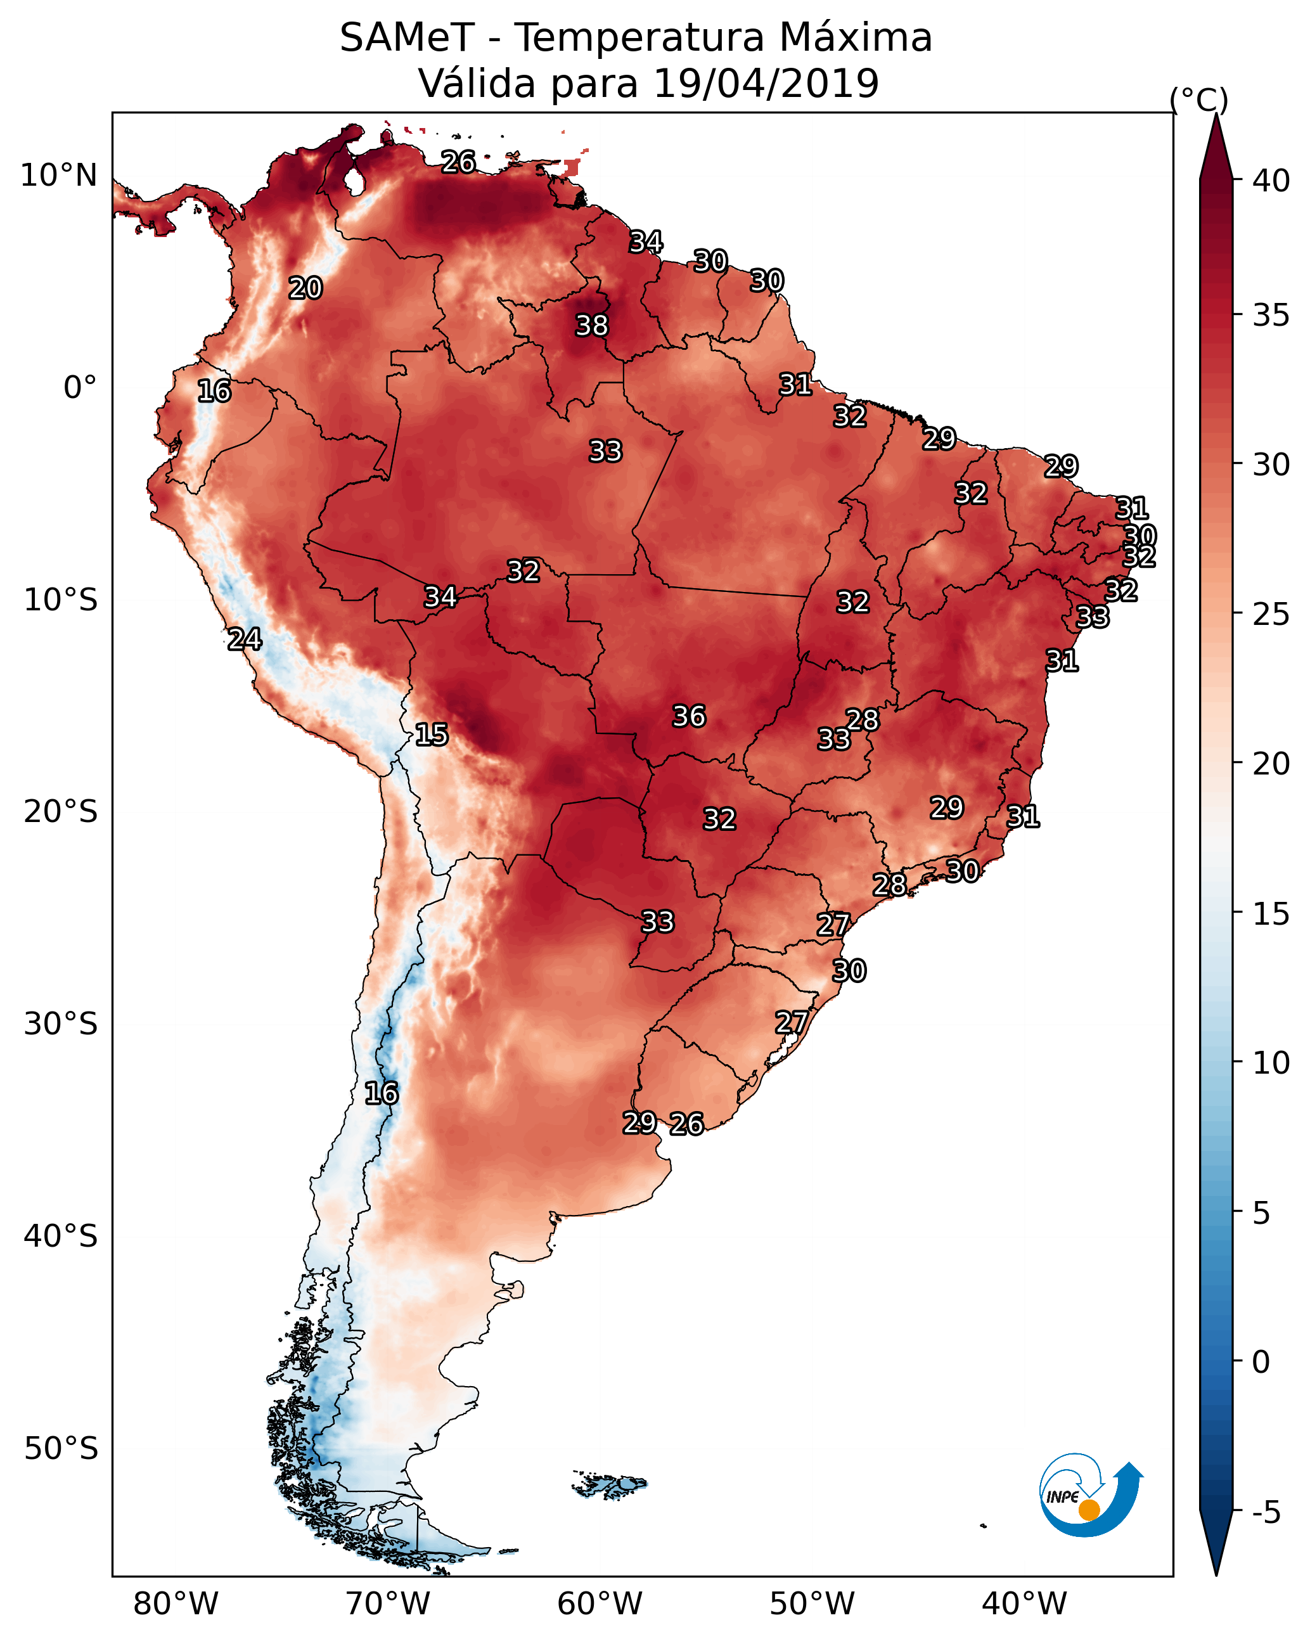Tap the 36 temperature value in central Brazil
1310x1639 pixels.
click(x=689, y=716)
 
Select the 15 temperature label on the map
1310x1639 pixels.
click(x=431, y=735)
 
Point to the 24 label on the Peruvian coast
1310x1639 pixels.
click(x=244, y=640)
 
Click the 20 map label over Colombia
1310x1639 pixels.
click(x=305, y=288)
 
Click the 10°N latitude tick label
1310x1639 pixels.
click(x=58, y=176)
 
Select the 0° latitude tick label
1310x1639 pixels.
click(x=80, y=388)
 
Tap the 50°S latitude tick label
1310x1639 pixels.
click(x=61, y=1449)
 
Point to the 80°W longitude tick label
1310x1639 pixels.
click(x=176, y=1604)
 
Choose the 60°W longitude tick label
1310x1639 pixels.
click(x=600, y=1604)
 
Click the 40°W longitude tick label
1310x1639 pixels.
click(x=1024, y=1604)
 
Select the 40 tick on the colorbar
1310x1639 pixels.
click(x=1271, y=181)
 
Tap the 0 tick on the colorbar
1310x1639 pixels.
click(x=1261, y=1362)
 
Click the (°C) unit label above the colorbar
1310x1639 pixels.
click(x=1198, y=100)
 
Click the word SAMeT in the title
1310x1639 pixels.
click(x=407, y=38)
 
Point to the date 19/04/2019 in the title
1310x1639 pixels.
click(x=766, y=84)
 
